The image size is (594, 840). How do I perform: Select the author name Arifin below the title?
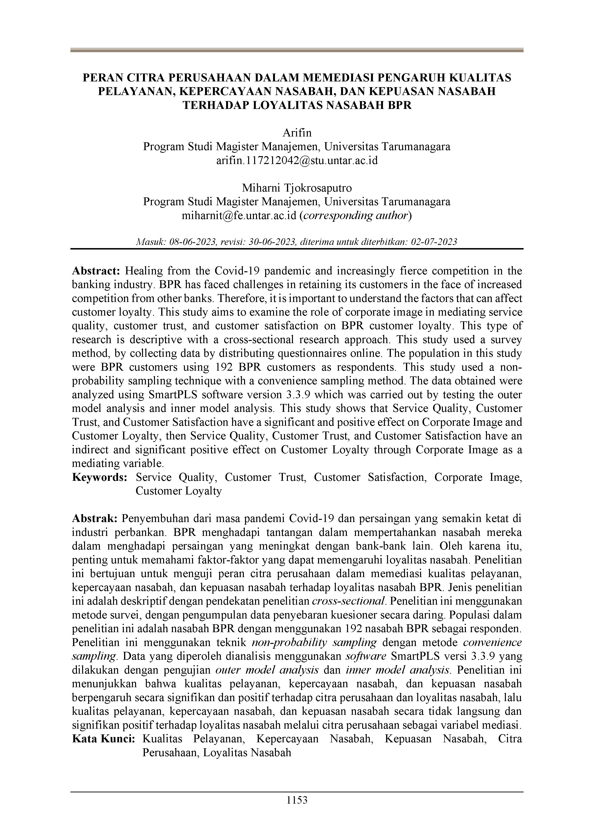pyautogui.click(x=297, y=132)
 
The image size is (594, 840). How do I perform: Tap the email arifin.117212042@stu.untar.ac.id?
pyautogui.click(x=297, y=160)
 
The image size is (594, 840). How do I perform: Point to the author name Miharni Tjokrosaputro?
pyautogui.click(x=297, y=188)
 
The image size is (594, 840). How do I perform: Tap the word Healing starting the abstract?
pyautogui.click(x=143, y=271)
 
